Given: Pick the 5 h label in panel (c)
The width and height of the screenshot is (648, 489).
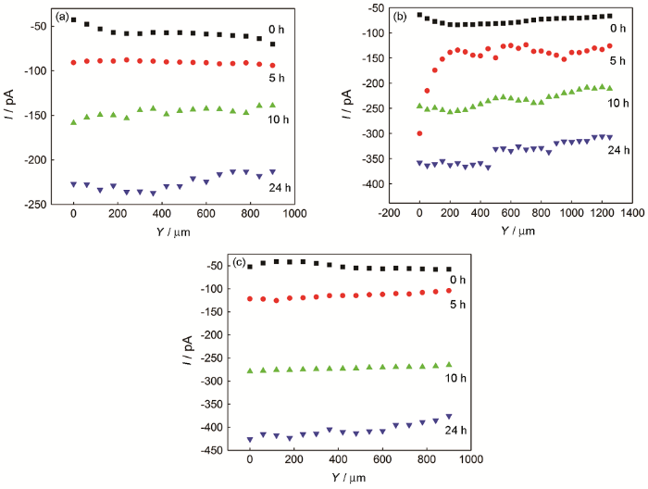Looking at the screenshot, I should pyautogui.click(x=459, y=303).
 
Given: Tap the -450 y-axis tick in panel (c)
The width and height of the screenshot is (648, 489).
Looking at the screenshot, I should pyautogui.click(x=215, y=450).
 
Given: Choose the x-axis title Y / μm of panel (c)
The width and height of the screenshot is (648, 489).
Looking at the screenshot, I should pyautogui.click(x=348, y=479).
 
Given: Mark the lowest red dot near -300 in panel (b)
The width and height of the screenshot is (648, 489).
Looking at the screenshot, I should pyautogui.click(x=419, y=133).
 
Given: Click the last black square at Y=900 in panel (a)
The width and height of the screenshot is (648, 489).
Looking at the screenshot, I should pyautogui.click(x=273, y=44).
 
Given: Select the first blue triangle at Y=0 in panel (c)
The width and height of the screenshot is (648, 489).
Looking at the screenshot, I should pyautogui.click(x=250, y=439).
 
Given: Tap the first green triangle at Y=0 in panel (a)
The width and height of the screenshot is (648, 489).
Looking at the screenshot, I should pyautogui.click(x=73, y=121).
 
